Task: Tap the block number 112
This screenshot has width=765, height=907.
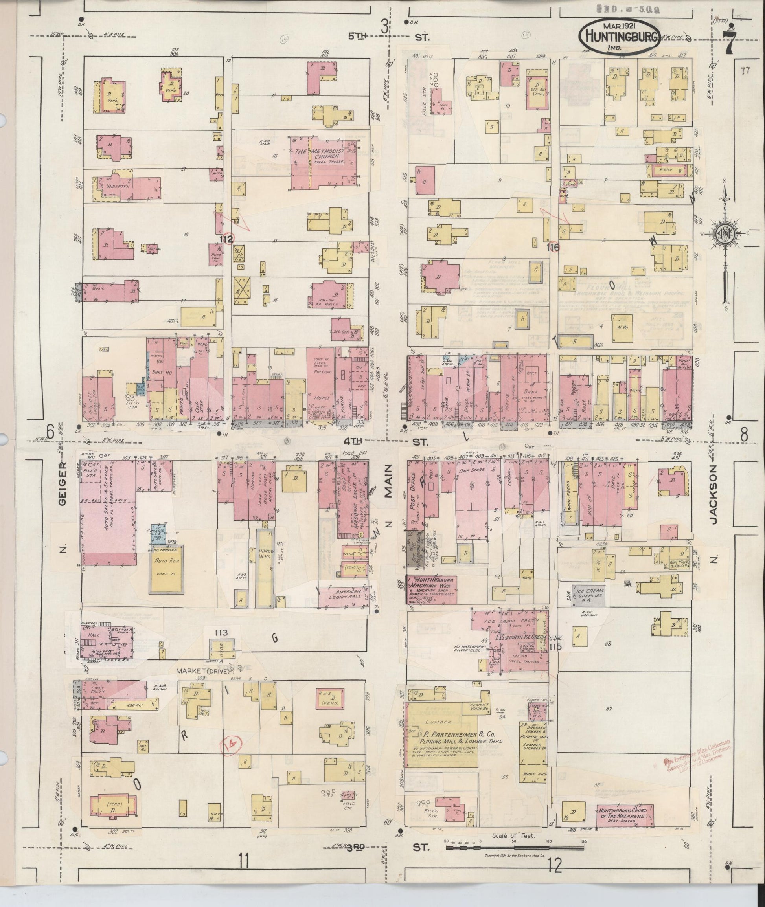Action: pyautogui.click(x=226, y=239)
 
